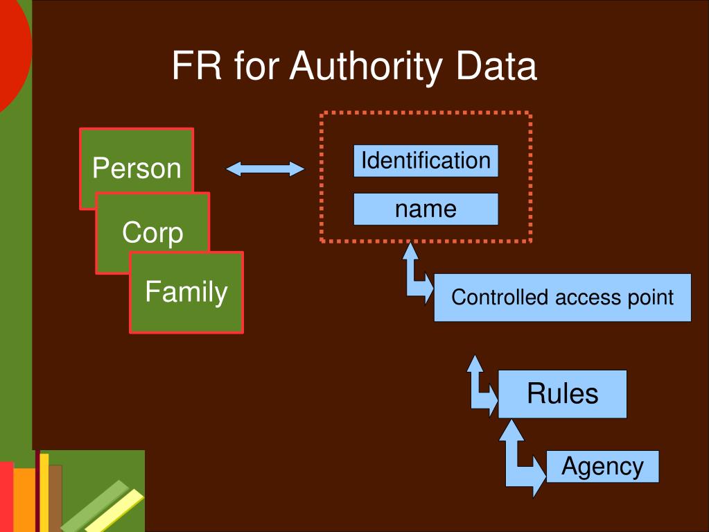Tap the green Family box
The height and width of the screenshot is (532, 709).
(x=186, y=292)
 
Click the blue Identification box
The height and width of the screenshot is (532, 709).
(x=426, y=161)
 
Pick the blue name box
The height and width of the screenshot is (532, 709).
(x=426, y=209)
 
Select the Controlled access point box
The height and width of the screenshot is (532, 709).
(x=562, y=298)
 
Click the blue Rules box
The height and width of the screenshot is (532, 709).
(x=562, y=393)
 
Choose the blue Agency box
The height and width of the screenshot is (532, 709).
(x=602, y=466)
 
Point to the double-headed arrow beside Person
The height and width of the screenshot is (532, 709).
(x=265, y=169)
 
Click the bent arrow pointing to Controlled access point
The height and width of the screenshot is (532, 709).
(x=417, y=275)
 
